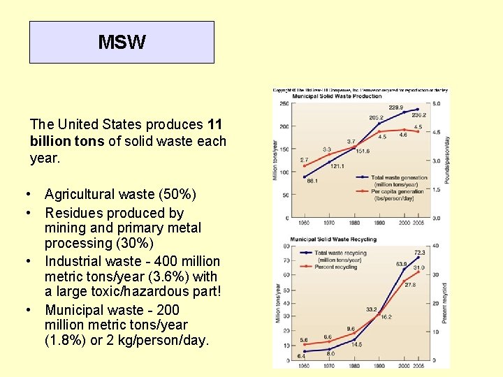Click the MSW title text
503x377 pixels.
pyautogui.click(x=122, y=43)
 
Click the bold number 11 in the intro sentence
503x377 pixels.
pyautogui.click(x=214, y=125)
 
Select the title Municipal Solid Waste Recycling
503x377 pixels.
pyautogui.click(x=333, y=239)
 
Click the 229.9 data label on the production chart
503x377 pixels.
pyautogui.click(x=396, y=108)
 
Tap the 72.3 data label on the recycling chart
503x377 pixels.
pyautogui.click(x=419, y=252)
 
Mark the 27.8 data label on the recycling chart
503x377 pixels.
pyautogui.click(x=410, y=285)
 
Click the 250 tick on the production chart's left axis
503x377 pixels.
pyautogui.click(x=284, y=104)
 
